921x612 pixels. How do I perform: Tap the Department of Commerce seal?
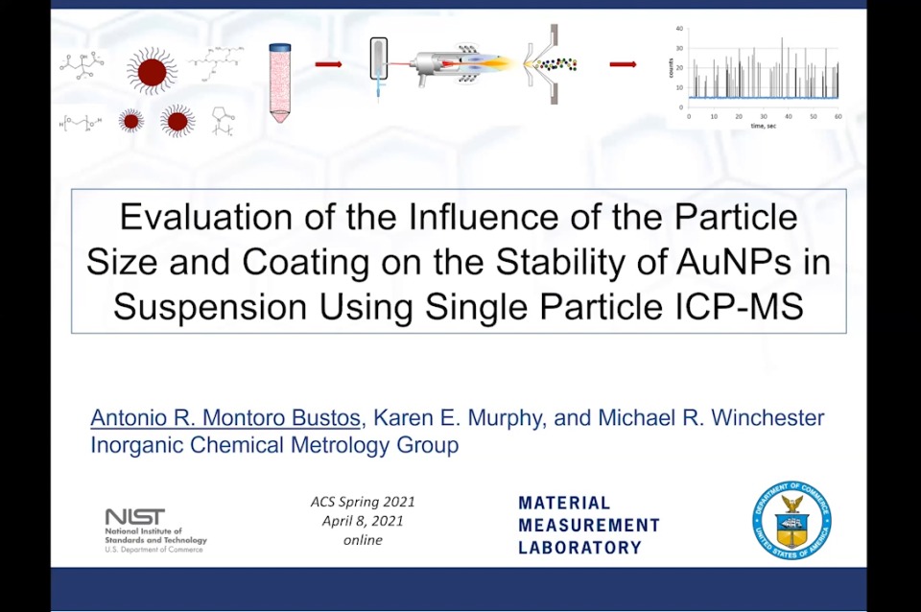[x=791, y=521]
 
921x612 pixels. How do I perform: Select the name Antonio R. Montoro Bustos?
[x=225, y=418]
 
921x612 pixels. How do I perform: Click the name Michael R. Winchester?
[x=710, y=418]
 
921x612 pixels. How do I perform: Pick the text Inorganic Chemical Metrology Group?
[x=274, y=445]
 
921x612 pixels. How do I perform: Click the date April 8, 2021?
[x=363, y=521]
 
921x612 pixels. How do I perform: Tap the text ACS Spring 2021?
[x=363, y=502]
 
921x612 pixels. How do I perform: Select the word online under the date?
[x=363, y=540]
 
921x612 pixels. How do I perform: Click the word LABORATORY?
[x=579, y=548]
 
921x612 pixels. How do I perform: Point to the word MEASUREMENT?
[x=589, y=525]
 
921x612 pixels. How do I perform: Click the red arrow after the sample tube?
[x=328, y=64]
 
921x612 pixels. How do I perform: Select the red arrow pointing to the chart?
[x=623, y=64]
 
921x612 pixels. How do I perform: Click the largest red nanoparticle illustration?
[x=152, y=71]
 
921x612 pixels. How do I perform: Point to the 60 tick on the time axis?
[x=838, y=116]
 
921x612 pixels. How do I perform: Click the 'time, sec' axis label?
[x=764, y=126]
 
